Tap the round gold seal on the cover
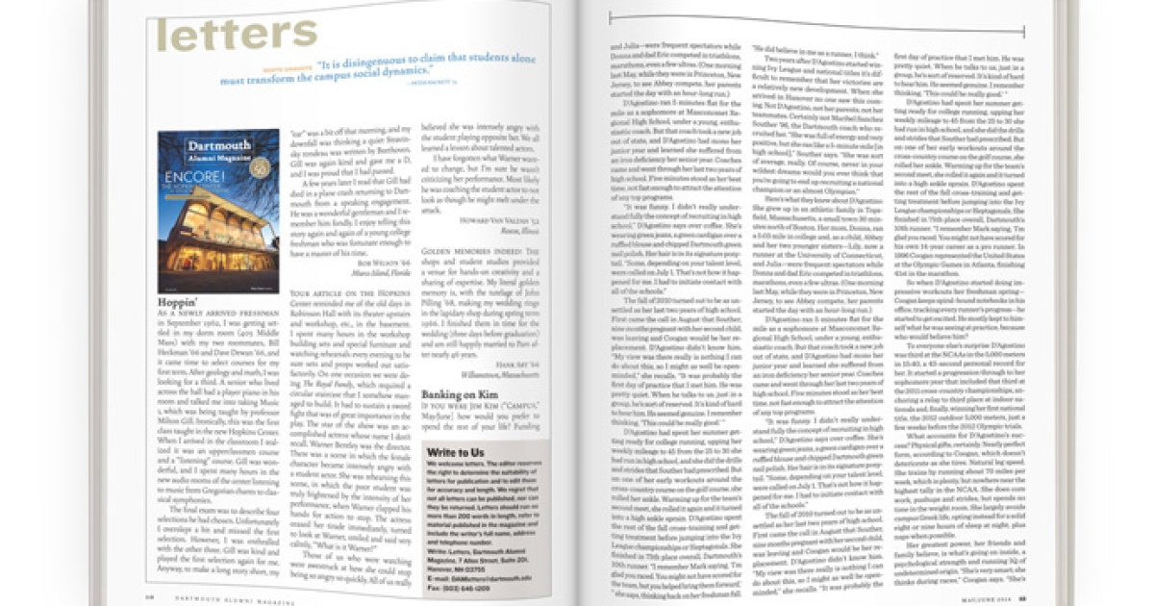[x=259, y=168]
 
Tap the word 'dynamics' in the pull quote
[x=409, y=82]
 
